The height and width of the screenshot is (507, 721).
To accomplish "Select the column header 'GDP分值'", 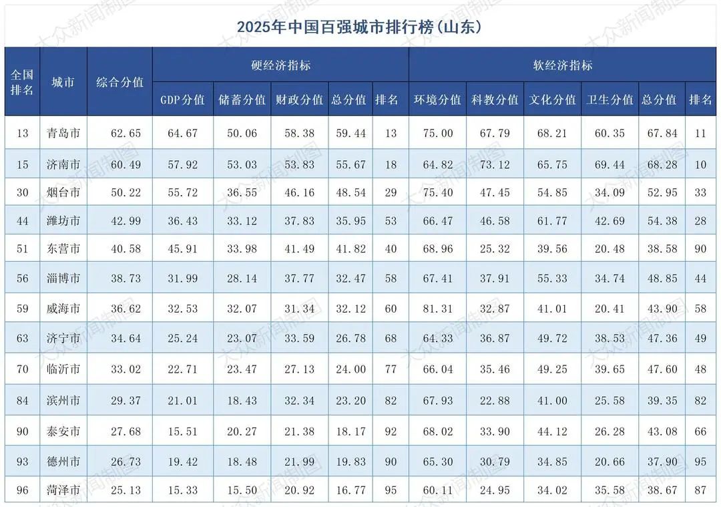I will [182, 100].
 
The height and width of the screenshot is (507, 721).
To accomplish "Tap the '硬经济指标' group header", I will [280, 65].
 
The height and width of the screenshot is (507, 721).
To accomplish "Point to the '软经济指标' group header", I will [562, 65].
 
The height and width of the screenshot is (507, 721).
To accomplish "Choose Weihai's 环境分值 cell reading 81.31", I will [437, 309].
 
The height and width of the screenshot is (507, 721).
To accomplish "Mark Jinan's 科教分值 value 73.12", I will [495, 164].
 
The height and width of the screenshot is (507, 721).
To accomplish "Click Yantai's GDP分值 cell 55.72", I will [182, 192].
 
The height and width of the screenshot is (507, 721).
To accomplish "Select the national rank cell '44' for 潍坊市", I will [23, 220].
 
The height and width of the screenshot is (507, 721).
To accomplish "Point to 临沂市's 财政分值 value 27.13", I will [299, 369].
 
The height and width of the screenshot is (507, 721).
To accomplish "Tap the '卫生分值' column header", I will [610, 100].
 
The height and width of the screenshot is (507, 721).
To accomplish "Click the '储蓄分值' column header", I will [242, 100].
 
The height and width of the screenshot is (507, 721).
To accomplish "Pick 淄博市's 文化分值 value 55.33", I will [552, 278].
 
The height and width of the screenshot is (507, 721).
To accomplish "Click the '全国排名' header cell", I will [22, 82].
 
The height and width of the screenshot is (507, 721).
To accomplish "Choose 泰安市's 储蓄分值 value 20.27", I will [242, 432].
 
